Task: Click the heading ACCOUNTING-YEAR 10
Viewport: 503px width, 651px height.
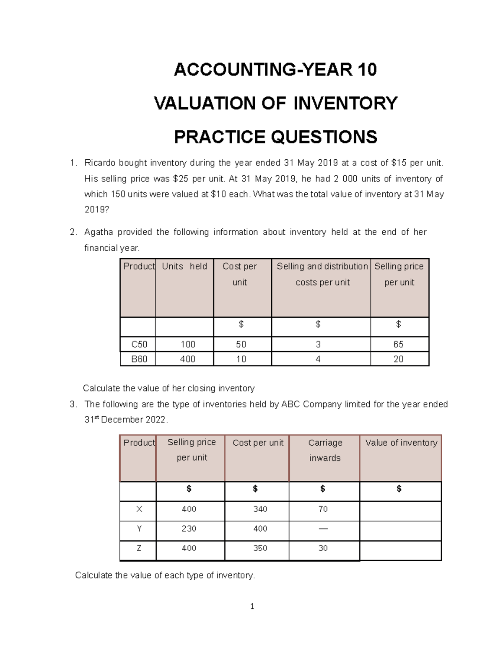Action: pyautogui.click(x=275, y=70)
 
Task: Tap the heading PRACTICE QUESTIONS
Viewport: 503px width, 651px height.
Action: pyautogui.click(x=275, y=137)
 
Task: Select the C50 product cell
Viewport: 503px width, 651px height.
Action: pyautogui.click(x=139, y=345)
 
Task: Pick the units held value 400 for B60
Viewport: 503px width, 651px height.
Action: pyautogui.click(x=188, y=359)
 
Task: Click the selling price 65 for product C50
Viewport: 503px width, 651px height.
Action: pyautogui.click(x=398, y=345)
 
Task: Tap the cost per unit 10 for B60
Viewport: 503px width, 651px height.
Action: pyautogui.click(x=241, y=359)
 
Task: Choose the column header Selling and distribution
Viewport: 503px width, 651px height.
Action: pyautogui.click(x=322, y=267)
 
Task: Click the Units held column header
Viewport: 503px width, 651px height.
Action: pyautogui.click(x=184, y=267)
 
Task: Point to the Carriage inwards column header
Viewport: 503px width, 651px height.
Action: pyautogui.click(x=325, y=450)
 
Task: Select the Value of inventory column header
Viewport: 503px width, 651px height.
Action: pyautogui.click(x=401, y=443)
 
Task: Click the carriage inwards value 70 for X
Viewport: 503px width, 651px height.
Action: pyautogui.click(x=323, y=509)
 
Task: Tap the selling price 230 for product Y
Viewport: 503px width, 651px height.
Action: pyautogui.click(x=189, y=529)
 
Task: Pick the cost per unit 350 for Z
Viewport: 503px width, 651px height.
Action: pyautogui.click(x=260, y=548)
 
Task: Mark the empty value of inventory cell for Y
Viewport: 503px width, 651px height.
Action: pyautogui.click(x=400, y=531)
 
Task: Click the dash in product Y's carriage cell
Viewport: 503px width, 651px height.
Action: pyautogui.click(x=323, y=529)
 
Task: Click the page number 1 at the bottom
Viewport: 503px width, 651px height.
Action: pyautogui.click(x=252, y=606)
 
